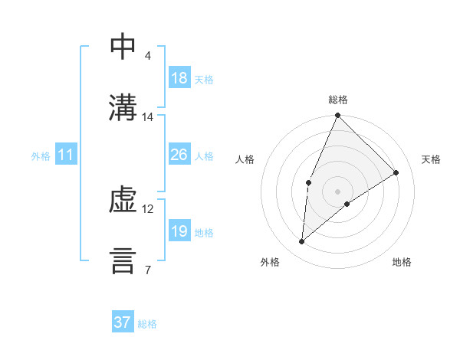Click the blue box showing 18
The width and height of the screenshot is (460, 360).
click(179, 78)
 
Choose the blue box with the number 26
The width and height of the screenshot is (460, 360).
click(179, 155)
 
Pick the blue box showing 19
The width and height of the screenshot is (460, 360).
click(179, 231)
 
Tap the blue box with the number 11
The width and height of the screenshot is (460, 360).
click(66, 155)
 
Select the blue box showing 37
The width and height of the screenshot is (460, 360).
click(123, 322)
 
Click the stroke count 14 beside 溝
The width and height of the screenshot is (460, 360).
click(148, 117)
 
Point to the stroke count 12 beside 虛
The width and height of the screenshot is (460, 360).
click(148, 208)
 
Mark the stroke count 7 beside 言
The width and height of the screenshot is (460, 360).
click(147, 270)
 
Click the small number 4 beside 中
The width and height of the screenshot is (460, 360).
click(147, 56)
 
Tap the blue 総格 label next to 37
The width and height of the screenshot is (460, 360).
click(147, 324)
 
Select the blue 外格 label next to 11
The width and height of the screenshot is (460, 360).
click(41, 155)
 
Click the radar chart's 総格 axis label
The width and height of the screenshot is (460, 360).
click(338, 100)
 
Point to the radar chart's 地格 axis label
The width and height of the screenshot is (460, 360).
click(402, 262)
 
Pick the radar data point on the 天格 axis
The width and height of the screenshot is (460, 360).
click(396, 172)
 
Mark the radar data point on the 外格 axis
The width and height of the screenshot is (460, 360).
click(302, 242)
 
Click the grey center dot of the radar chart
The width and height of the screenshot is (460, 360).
click(338, 191)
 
